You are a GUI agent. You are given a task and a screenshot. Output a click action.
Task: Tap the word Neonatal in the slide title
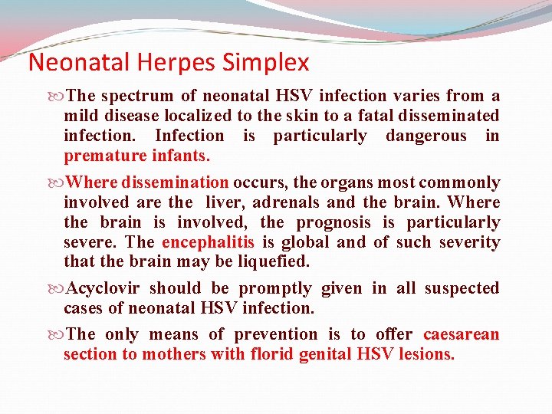click(75, 62)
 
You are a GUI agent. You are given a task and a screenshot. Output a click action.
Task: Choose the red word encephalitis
click(209, 242)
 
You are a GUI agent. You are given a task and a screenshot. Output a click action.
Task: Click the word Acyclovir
click(103, 288)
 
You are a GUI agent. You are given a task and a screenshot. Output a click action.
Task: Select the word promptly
click(274, 288)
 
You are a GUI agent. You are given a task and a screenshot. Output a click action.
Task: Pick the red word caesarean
click(461, 334)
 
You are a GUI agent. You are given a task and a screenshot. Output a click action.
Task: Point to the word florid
click(271, 354)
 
